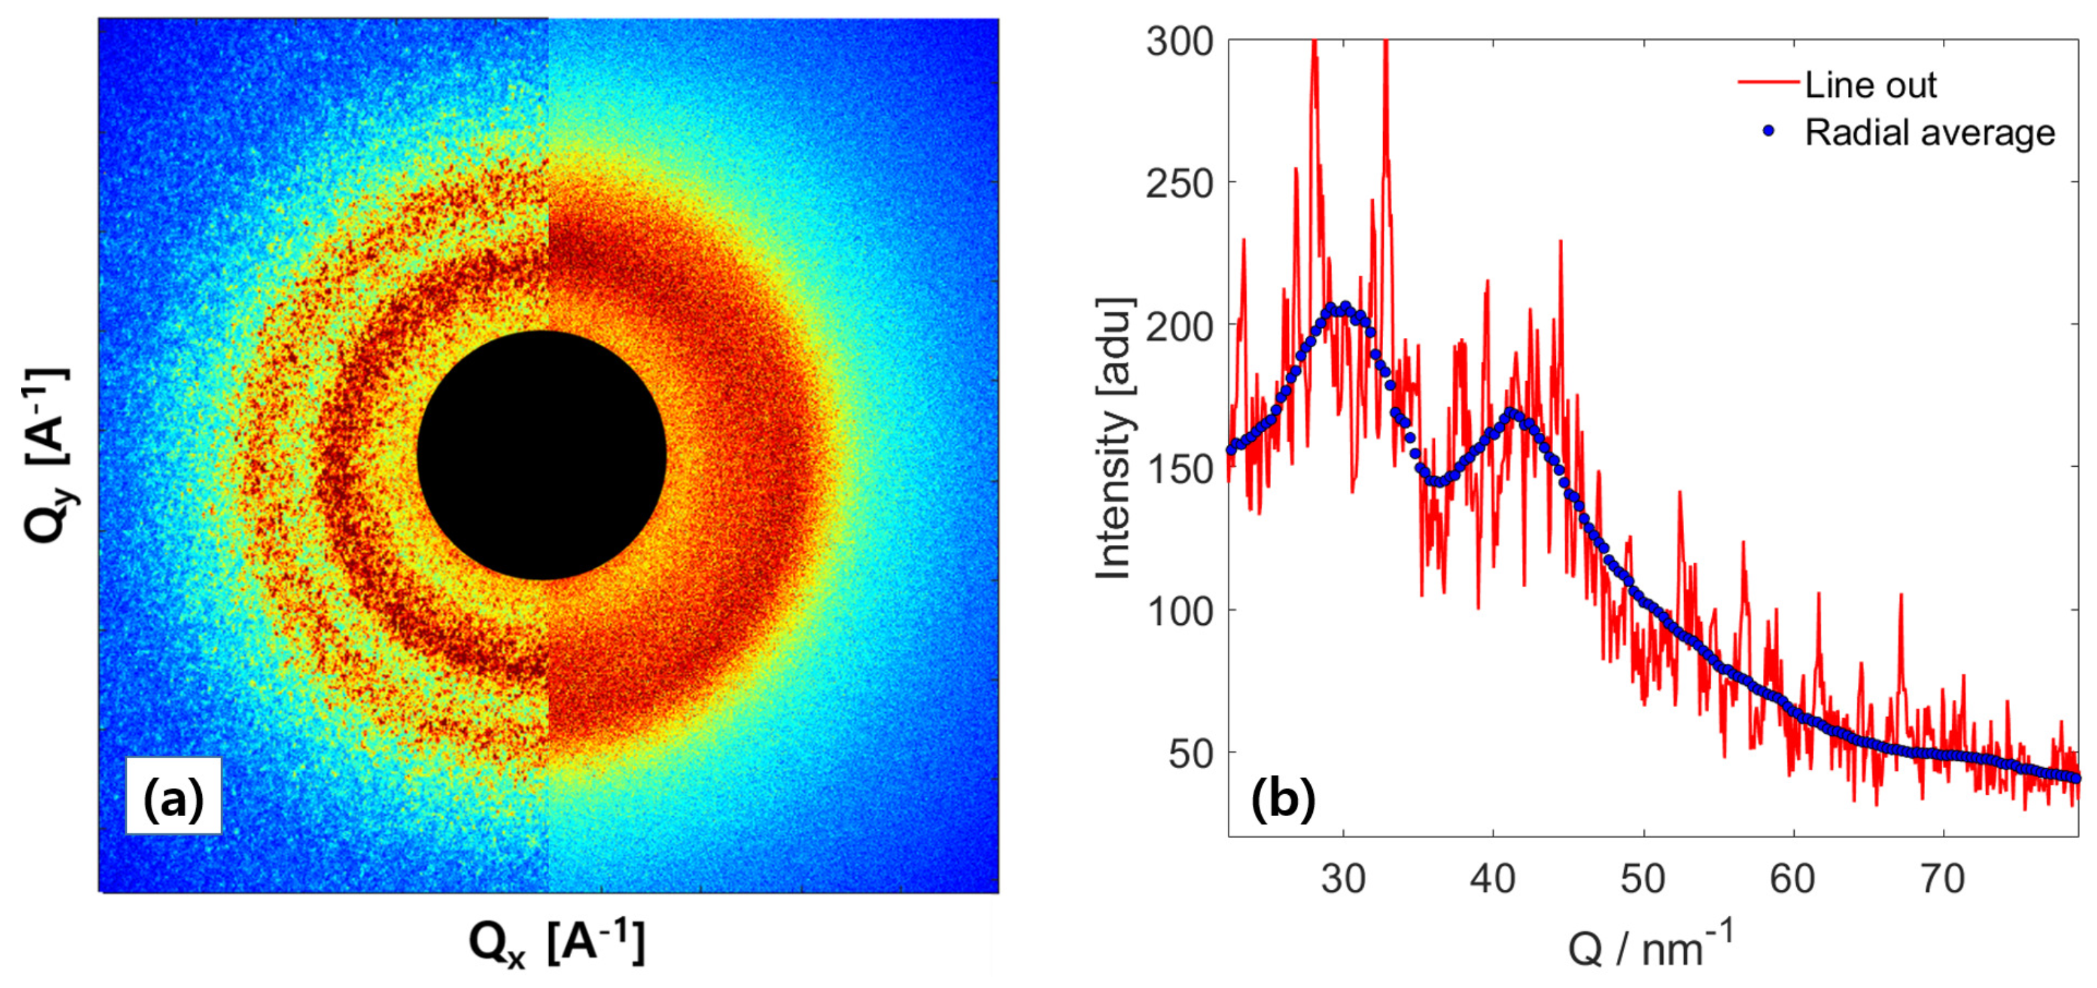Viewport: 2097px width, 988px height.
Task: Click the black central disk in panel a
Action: click(541, 455)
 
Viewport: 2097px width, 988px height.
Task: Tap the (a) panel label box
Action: click(173, 796)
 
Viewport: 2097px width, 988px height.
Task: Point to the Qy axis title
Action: click(47, 455)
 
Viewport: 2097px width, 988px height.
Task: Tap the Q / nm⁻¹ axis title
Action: click(1651, 946)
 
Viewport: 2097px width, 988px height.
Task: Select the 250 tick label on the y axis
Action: click(1179, 184)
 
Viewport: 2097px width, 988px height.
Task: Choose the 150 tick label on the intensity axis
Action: click(1179, 469)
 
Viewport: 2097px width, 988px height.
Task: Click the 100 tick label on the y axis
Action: click(1179, 612)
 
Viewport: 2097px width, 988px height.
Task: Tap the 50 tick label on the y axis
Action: click(1191, 754)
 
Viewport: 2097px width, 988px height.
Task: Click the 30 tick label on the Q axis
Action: click(1343, 879)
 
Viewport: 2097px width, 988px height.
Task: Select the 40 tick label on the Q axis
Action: click(1493, 879)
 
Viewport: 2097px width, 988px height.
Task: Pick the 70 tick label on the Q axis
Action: click(1942, 879)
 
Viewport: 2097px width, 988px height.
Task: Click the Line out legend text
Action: click(1871, 84)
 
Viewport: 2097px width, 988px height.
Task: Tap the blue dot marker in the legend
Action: click(1768, 130)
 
